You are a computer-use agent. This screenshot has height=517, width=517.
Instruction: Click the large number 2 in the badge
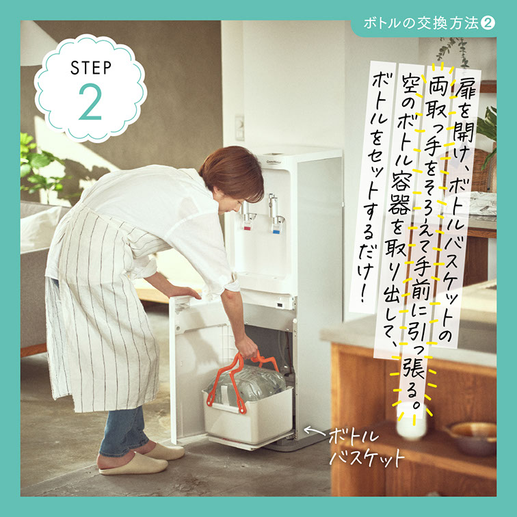coord(90,102)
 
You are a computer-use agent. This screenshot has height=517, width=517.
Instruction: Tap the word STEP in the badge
coord(91,68)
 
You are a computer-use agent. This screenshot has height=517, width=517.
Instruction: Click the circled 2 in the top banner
coord(488,23)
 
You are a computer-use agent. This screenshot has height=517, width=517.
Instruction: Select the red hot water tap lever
coord(247,226)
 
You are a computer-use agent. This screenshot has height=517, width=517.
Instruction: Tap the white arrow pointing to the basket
coord(316,431)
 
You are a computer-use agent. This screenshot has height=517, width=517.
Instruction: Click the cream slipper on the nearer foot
coord(133,464)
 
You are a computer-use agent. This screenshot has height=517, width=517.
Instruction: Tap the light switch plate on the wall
coord(240,128)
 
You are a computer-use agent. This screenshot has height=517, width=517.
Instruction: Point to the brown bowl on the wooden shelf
coord(470,437)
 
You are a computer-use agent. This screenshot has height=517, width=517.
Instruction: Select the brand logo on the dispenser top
coord(274,162)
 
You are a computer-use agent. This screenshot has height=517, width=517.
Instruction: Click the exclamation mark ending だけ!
coord(363,292)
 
